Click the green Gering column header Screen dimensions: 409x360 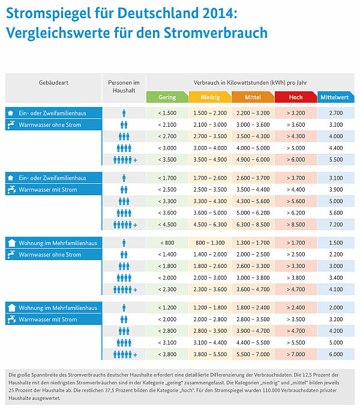[167, 97]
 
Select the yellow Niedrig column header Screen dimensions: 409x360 [209, 97]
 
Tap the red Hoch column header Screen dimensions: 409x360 [295, 97]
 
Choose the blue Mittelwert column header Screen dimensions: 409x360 [336, 97]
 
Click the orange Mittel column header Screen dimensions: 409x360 [253, 97]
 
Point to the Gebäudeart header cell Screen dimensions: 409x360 [53, 82]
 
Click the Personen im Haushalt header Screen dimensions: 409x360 [124, 86]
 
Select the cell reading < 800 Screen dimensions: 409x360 [167, 243]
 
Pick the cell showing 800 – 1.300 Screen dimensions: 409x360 [210, 243]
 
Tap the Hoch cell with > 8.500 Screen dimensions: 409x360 [295, 225]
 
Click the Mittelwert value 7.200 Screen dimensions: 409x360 [336, 225]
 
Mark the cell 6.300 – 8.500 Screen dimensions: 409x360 [253, 225]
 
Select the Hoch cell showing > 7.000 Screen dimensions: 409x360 [295, 354]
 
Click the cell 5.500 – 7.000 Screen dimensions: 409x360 [253, 354]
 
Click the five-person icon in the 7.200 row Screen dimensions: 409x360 [124, 225]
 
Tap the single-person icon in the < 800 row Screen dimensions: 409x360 [124, 243]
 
